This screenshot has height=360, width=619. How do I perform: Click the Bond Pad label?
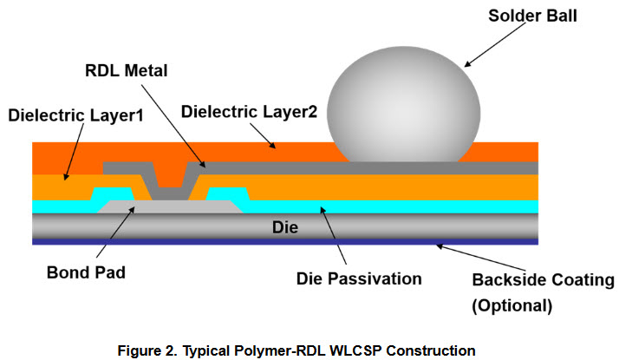87,272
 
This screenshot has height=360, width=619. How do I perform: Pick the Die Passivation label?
357,278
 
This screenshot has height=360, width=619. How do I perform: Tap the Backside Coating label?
543,280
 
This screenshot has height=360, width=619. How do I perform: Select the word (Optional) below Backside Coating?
511,305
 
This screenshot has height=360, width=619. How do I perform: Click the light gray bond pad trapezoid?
169,208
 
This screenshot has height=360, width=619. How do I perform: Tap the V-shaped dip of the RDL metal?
169,182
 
